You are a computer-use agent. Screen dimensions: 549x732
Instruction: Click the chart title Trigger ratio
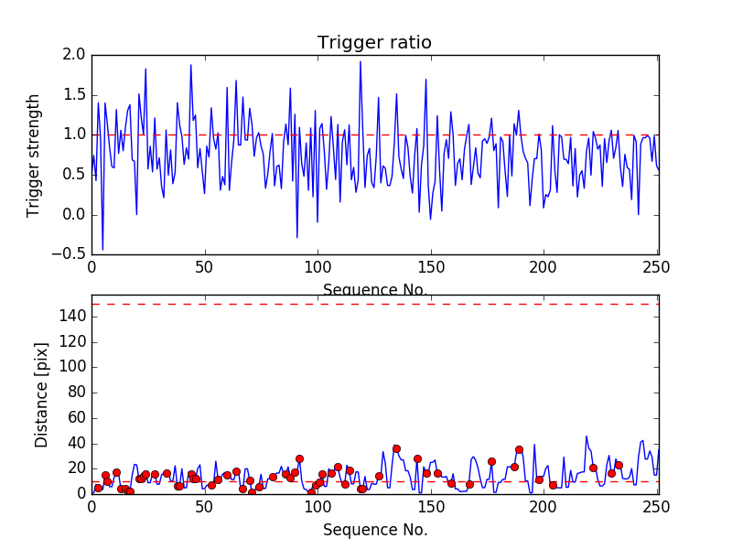pyautogui.click(x=374, y=43)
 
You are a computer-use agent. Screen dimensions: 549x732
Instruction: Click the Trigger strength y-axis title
pyautogui.click(x=34, y=155)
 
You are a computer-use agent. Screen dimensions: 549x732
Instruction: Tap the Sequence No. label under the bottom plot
pyautogui.click(x=374, y=530)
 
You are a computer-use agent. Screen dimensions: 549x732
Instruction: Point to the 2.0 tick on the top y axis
pyautogui.click(x=75, y=55)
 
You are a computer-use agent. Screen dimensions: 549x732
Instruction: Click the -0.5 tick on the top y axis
pyautogui.click(x=71, y=254)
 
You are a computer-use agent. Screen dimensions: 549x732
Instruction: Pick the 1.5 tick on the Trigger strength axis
pyautogui.click(x=75, y=95)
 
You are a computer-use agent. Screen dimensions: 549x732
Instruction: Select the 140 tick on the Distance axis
pyautogui.click(x=72, y=316)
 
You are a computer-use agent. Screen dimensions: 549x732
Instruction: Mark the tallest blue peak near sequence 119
pyautogui.click(x=361, y=61)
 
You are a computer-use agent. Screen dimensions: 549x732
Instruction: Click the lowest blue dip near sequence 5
pyautogui.click(x=102, y=249)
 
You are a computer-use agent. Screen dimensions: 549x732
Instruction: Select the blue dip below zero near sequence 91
pyautogui.click(x=296, y=238)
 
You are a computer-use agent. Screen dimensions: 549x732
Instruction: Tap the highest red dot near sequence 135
pyautogui.click(x=396, y=448)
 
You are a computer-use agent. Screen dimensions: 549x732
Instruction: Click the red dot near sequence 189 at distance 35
pyautogui.click(x=519, y=449)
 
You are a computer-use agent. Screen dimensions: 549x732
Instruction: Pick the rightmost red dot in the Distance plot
pyautogui.click(x=619, y=465)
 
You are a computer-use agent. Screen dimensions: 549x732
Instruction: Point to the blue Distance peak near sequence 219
pyautogui.click(x=587, y=436)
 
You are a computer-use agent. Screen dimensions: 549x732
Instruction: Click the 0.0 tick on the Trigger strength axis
pyautogui.click(x=75, y=215)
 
